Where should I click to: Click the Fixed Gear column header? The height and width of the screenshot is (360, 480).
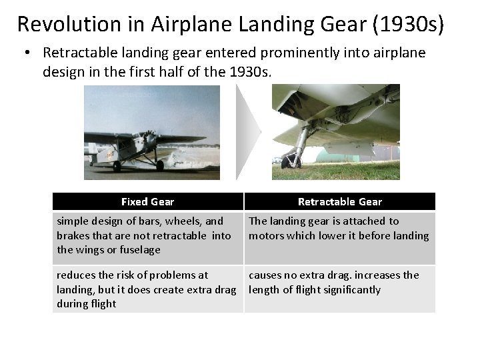[147, 201]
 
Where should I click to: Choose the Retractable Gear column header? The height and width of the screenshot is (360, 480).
[339, 201]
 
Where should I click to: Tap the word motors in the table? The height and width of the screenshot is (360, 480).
[265, 235]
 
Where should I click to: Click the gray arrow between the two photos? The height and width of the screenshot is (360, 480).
[249, 131]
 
